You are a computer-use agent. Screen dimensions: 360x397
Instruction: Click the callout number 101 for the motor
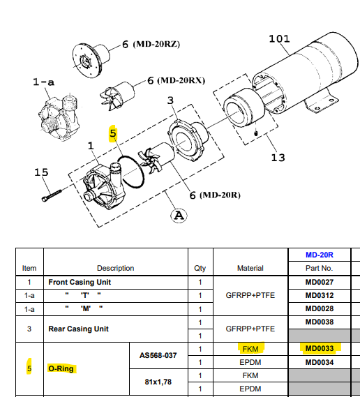coord(279,39)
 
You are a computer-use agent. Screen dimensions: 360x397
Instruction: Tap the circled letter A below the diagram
coord(179,216)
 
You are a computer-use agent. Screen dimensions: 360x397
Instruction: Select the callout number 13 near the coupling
coord(278,158)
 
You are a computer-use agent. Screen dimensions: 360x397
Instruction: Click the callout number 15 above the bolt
coord(41,172)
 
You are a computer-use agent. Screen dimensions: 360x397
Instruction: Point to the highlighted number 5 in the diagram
coord(113,133)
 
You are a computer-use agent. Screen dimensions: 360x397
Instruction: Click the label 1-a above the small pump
coord(43,82)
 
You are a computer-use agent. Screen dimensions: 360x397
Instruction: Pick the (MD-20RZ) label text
coord(156,44)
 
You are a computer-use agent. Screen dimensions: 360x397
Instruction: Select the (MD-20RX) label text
coord(181,80)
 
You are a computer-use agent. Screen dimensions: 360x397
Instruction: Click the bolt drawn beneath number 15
coord(52,196)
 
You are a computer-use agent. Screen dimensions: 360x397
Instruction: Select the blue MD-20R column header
coord(320,255)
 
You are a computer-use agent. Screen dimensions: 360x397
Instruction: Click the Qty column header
coord(200,268)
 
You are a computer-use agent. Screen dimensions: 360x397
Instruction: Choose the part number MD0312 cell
coord(320,295)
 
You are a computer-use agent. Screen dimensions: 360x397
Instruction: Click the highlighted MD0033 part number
coord(320,348)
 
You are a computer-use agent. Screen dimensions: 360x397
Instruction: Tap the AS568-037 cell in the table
coord(158,355)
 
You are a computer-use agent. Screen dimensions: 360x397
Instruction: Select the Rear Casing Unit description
coord(78,329)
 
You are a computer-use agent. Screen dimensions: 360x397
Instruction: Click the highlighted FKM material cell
coord(250,349)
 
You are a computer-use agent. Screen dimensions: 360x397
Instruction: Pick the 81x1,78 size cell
coord(158,382)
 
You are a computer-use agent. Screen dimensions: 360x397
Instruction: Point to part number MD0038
coord(320,322)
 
